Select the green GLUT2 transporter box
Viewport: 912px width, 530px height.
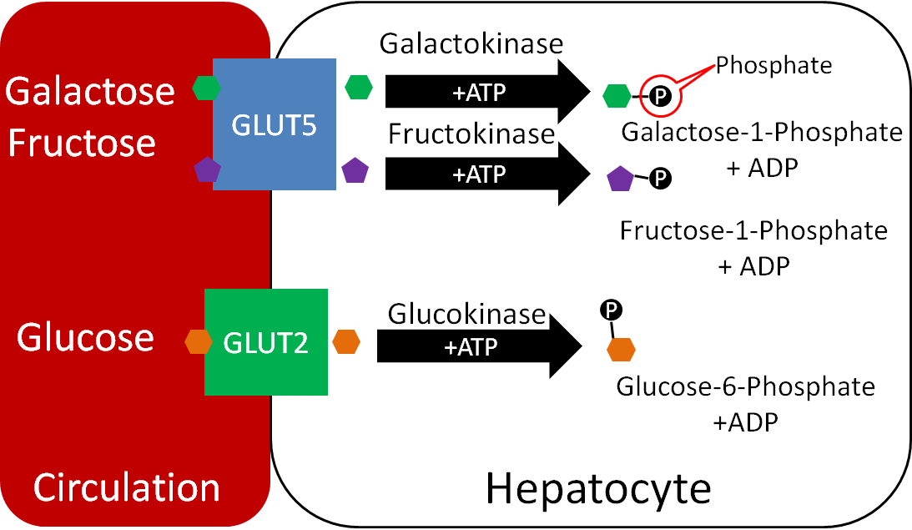tap(266, 341)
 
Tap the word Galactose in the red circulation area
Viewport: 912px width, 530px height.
tap(90, 91)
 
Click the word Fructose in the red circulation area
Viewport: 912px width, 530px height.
tap(82, 143)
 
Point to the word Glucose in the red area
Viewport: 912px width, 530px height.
tap(86, 338)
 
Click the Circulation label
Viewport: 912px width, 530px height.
tap(126, 487)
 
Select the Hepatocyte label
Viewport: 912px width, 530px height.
tap(598, 488)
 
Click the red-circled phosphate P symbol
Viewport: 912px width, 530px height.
tap(659, 98)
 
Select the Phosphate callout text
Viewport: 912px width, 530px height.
tap(774, 64)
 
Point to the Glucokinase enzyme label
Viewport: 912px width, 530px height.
tap(466, 314)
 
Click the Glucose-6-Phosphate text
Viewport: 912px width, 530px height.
tap(745, 387)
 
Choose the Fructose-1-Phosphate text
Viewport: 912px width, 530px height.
tap(753, 230)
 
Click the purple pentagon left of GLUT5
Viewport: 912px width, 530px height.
tap(206, 170)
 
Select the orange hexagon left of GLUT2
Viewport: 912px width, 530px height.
tap(199, 341)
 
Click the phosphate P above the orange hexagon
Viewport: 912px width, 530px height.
tap(611, 310)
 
